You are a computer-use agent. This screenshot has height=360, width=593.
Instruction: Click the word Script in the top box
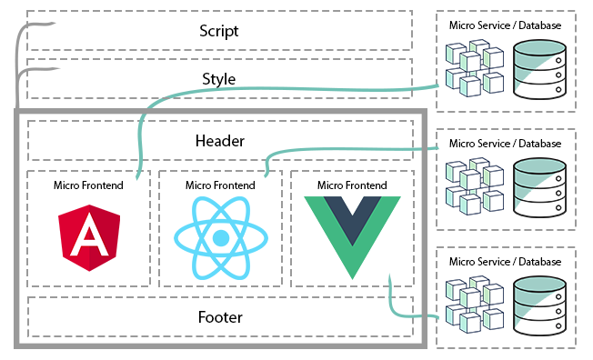pyautogui.click(x=219, y=31)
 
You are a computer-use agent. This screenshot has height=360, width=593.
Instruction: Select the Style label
pyautogui.click(x=219, y=79)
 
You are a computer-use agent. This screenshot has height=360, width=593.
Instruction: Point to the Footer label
pyautogui.click(x=219, y=317)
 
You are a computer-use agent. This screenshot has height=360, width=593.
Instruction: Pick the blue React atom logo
pyautogui.click(x=220, y=238)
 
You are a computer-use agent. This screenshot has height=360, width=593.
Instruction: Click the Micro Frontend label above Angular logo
pyautogui.click(x=88, y=185)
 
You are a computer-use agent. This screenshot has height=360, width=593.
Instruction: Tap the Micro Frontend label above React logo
pyautogui.click(x=220, y=185)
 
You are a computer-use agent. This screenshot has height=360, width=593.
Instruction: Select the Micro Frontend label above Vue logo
pyautogui.click(x=352, y=185)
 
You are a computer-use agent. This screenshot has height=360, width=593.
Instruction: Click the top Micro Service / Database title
pyautogui.click(x=505, y=25)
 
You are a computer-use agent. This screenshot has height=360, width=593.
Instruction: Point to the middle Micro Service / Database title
pyautogui.click(x=505, y=143)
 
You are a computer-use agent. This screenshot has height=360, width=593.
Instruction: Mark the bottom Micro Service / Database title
pyautogui.click(x=505, y=262)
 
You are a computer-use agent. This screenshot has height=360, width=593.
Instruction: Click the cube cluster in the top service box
pyautogui.click(x=473, y=71)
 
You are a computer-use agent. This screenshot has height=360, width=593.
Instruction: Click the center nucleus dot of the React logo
pyautogui.click(x=220, y=238)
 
